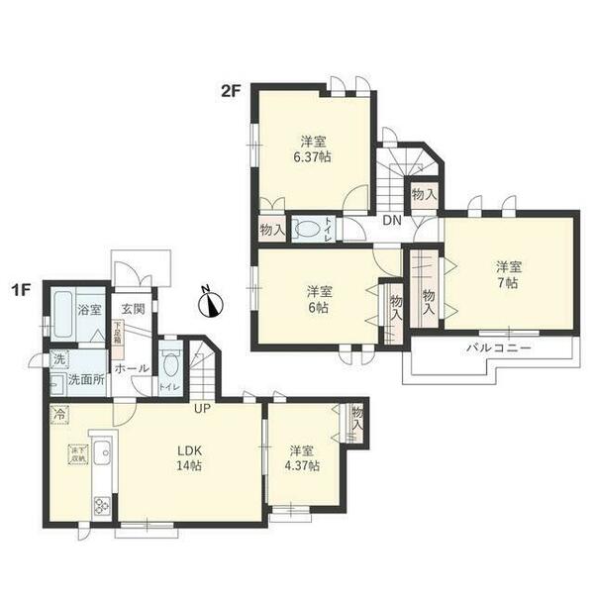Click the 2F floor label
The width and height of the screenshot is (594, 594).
pyautogui.click(x=230, y=92)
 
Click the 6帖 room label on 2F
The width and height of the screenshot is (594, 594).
pyautogui.click(x=318, y=299)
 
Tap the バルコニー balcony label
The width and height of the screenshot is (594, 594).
pyautogui.click(x=499, y=348)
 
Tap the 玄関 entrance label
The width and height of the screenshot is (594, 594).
pyautogui.click(x=133, y=310)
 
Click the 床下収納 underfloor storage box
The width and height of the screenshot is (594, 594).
pyautogui.click(x=76, y=454)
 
